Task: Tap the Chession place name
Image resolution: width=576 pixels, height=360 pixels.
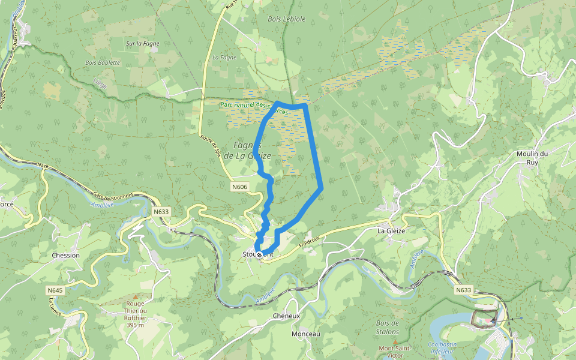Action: coord(66,255)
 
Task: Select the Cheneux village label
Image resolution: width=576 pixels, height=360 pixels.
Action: coord(286,316)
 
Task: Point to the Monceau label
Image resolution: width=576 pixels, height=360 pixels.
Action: coord(306,334)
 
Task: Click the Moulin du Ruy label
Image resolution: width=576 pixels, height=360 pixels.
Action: coord(532,158)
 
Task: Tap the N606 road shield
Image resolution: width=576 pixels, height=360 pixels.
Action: coord(239,187)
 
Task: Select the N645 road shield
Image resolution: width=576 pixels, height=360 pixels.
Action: coord(55,290)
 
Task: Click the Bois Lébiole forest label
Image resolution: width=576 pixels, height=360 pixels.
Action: coord(286,19)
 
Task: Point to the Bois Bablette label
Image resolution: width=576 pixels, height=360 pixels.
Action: coord(103,62)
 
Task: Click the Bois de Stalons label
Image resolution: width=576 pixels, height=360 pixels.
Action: coord(388,327)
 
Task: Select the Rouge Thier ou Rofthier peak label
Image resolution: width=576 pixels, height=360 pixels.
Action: coord(135,314)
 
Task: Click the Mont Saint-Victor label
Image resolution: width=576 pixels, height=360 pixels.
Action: coord(394,352)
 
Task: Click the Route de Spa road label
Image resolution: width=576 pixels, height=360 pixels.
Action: coord(211,146)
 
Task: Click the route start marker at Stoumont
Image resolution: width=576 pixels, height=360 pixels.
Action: coord(259,254)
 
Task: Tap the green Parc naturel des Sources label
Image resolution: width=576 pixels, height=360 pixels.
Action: coord(258,109)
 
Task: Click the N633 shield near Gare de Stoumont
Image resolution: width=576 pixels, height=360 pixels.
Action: coord(161,211)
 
